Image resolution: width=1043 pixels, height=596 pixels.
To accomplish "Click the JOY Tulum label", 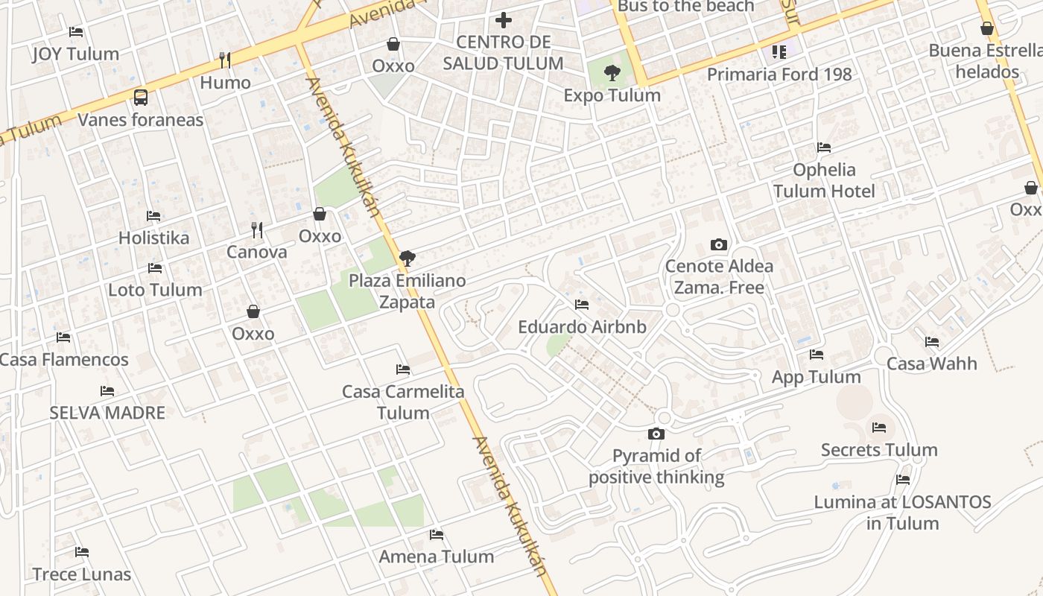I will click(75, 54).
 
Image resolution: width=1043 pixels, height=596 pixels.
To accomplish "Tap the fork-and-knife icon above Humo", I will click(224, 60).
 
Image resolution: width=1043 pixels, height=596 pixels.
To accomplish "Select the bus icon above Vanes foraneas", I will click(140, 97).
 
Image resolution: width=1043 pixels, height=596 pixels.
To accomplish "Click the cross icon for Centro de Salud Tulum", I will click(504, 20).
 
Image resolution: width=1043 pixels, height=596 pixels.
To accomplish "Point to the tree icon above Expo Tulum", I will click(612, 73).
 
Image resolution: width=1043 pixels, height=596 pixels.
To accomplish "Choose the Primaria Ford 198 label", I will click(779, 74).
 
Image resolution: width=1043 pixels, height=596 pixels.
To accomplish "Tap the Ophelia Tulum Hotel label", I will click(824, 180).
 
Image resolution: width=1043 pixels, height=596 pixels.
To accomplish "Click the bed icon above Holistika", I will click(153, 216).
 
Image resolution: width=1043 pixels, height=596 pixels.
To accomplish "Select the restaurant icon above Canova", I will click(257, 229).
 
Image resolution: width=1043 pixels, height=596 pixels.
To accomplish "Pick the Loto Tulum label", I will click(155, 290).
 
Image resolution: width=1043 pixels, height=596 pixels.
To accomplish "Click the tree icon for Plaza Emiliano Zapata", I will click(407, 259).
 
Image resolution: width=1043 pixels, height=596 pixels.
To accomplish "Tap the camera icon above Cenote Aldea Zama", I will click(719, 244).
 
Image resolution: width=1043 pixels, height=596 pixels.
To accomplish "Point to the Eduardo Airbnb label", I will click(582, 327).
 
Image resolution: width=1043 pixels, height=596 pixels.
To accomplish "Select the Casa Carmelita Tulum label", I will click(403, 402).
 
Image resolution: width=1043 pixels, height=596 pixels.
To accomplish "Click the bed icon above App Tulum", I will click(817, 355).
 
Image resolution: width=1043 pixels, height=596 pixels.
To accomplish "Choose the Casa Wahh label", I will click(931, 364).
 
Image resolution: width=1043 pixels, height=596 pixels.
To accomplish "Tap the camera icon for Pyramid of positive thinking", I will click(656, 434).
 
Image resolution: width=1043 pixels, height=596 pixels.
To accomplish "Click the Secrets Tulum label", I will click(879, 450).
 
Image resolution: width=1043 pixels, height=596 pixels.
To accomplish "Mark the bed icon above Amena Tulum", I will click(437, 534).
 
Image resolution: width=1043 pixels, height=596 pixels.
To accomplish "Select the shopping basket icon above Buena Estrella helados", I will click(987, 29).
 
